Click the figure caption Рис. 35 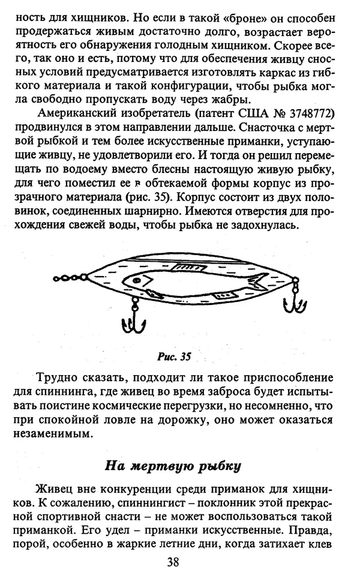pos(174,357)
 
